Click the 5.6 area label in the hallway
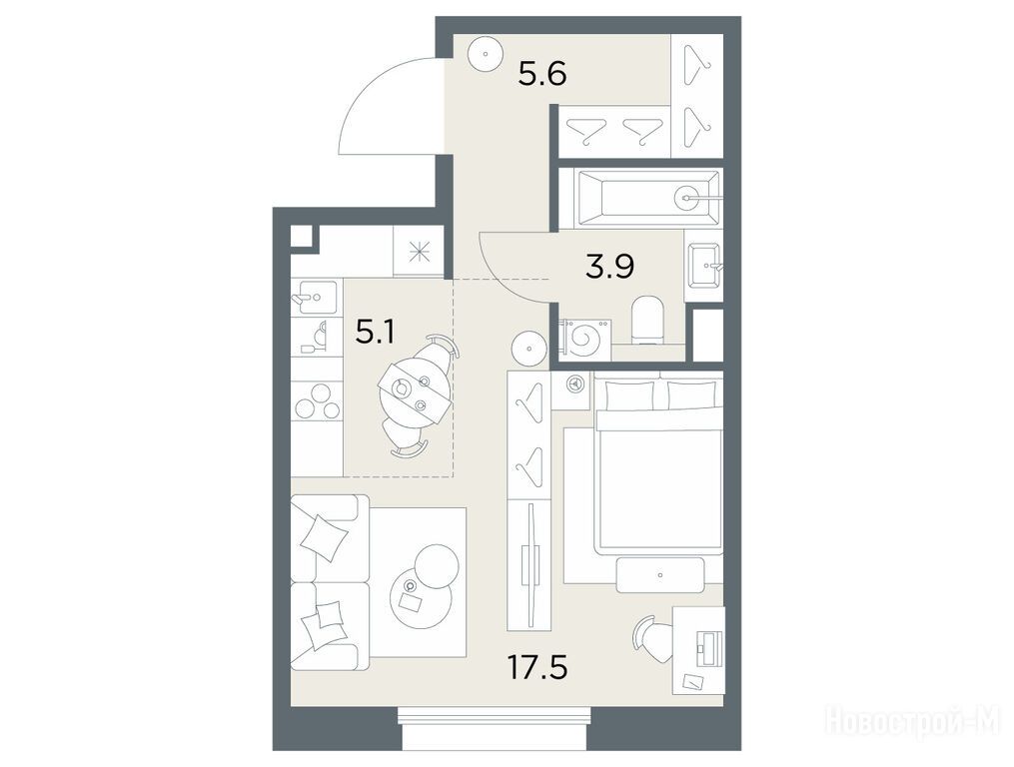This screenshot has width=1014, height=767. (542, 74)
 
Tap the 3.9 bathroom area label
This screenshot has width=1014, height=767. (609, 266)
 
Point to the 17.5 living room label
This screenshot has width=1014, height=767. (537, 667)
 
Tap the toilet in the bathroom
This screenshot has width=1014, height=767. (646, 320)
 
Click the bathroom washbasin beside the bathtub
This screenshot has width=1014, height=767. (704, 265)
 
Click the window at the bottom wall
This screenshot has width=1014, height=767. (495, 727)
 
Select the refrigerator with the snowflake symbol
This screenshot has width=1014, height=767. (418, 251)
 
